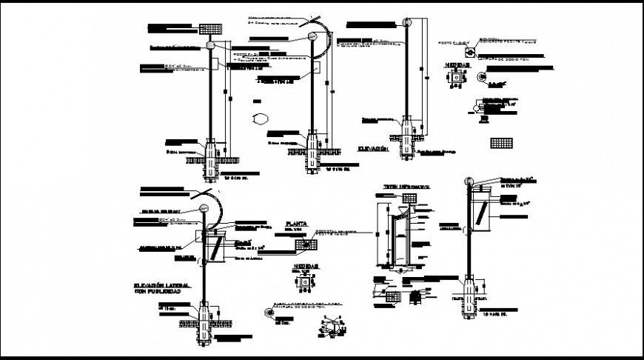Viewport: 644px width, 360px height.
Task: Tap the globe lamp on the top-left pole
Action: [x=211, y=45]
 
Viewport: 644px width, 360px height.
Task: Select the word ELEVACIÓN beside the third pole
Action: [x=374, y=149]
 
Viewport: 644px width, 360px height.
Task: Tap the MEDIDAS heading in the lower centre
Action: [x=306, y=264]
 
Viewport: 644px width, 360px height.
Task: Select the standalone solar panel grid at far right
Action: [x=501, y=142]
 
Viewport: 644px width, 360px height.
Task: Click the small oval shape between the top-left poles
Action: [x=261, y=117]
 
